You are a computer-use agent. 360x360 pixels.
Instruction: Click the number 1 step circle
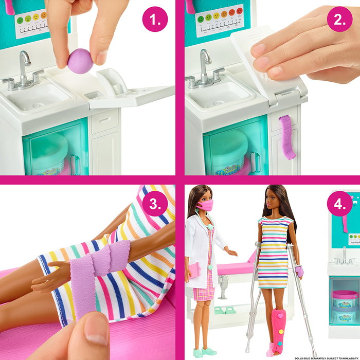click(155, 20)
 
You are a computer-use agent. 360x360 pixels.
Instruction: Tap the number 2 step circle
click(339, 20)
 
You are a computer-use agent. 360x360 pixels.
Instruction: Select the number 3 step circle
click(155, 204)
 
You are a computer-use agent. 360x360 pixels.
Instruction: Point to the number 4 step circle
click(339, 204)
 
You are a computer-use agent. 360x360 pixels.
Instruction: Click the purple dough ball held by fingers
click(81, 61)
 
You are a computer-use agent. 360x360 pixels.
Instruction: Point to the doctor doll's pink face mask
click(205, 206)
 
